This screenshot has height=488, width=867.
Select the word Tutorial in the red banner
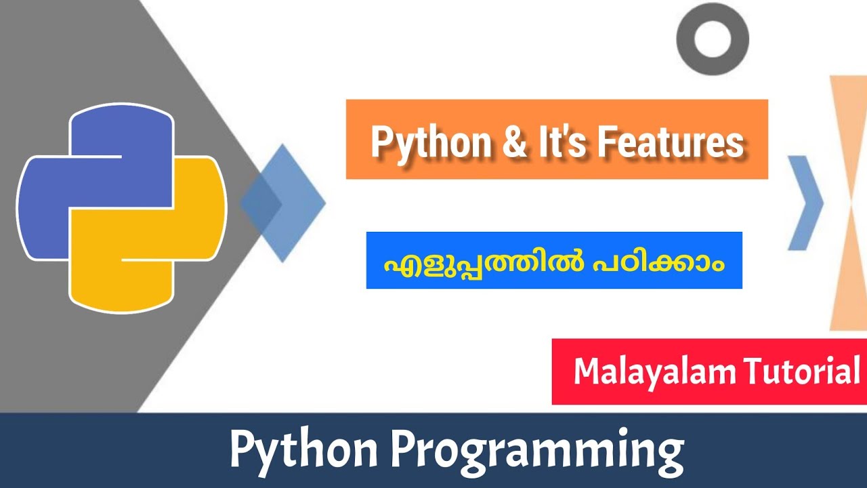click(802, 372)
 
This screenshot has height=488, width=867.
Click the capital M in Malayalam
click(587, 372)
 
